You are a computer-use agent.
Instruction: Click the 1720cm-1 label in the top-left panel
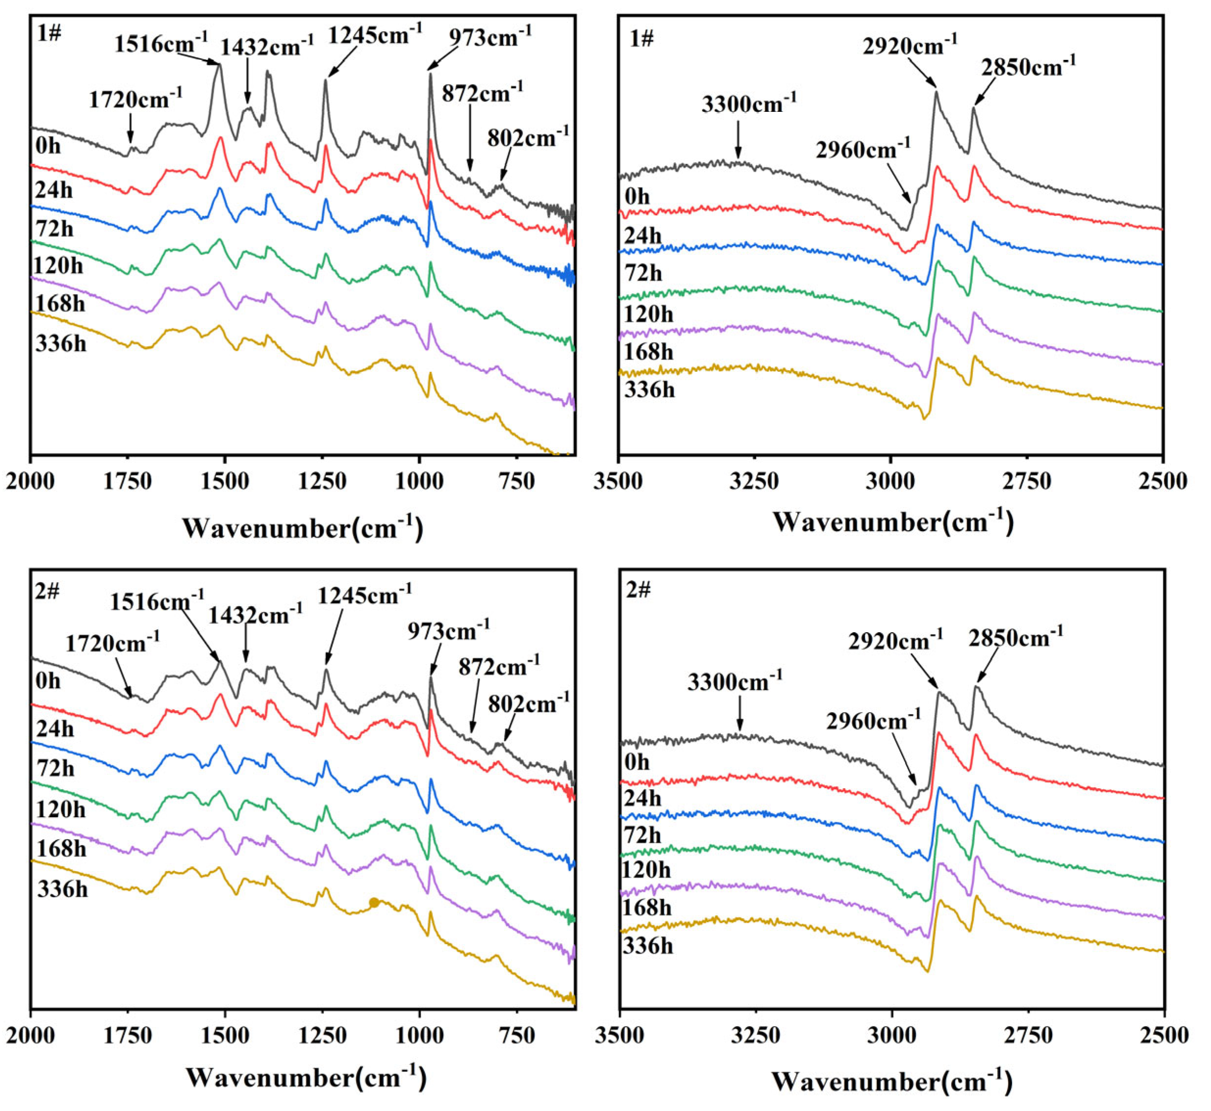[x=136, y=98]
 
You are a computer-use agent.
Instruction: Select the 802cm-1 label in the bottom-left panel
[x=528, y=703]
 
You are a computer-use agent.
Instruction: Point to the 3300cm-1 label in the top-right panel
[x=749, y=103]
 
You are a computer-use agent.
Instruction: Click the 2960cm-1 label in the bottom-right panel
[x=873, y=720]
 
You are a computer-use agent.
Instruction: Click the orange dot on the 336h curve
[x=374, y=903]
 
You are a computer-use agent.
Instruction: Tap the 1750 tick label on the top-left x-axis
[x=127, y=482]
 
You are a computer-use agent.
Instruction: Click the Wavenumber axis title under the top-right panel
[x=893, y=522]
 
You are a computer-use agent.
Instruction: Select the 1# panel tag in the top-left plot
[x=50, y=34]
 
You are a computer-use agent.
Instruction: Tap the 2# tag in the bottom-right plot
[x=638, y=590]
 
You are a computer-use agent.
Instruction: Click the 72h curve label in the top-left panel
[x=55, y=229]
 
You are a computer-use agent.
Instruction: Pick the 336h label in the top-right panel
[x=650, y=390]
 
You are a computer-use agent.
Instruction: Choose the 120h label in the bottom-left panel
[x=61, y=810]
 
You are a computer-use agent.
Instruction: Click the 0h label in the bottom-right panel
[x=637, y=762]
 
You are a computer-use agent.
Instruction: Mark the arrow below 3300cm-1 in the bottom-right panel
[x=740, y=714]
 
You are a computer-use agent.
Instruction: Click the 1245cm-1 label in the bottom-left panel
[x=364, y=595]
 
